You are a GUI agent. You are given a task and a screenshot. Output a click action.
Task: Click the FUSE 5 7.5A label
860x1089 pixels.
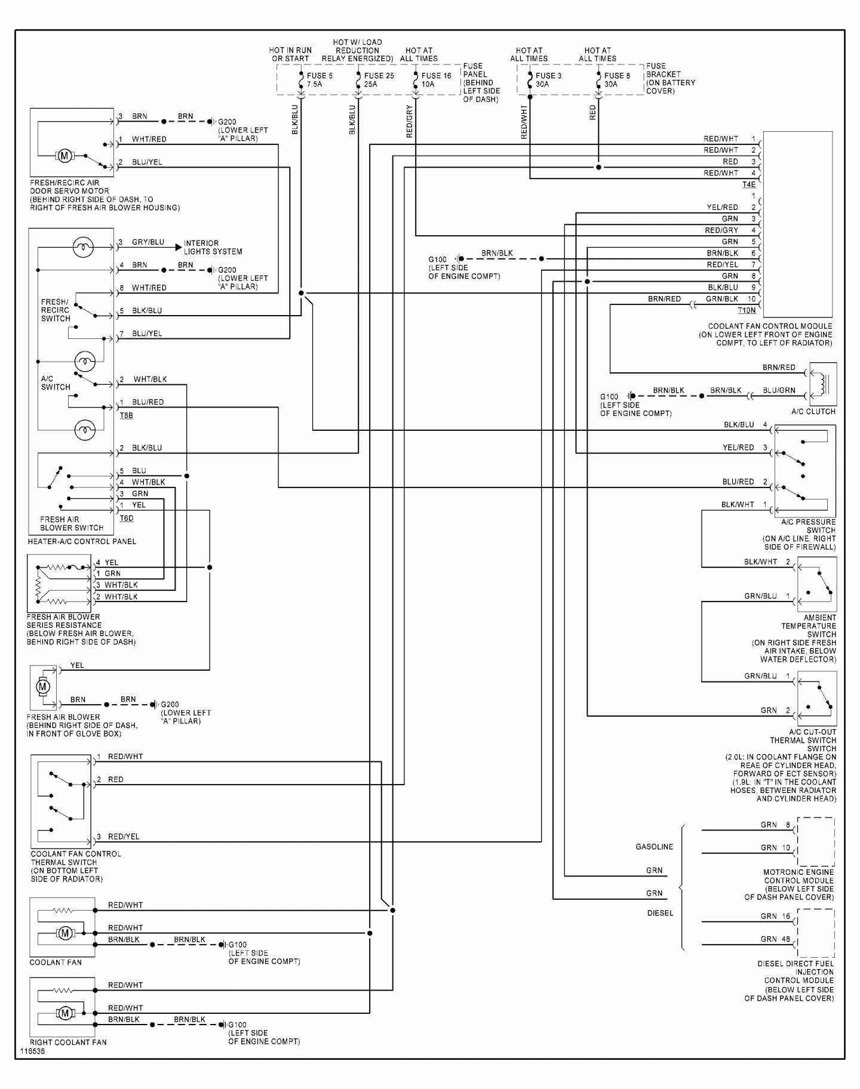(320, 80)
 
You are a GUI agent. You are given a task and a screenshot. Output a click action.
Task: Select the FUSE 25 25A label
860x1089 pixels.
(379, 80)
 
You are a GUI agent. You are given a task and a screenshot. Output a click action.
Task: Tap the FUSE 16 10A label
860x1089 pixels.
(436, 80)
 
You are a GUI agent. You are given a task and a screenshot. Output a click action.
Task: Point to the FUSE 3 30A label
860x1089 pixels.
(548, 80)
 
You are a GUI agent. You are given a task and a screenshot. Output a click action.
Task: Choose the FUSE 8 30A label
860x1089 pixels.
(617, 80)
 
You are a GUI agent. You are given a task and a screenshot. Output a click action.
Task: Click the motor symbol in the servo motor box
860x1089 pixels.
(64, 156)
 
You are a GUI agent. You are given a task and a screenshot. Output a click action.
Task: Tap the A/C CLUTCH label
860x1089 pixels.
(813, 412)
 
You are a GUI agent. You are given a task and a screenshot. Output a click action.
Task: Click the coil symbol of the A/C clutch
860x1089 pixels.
(824, 384)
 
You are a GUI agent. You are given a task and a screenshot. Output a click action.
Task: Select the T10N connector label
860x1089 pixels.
(747, 310)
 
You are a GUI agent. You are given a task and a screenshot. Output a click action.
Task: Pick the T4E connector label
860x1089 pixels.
(749, 185)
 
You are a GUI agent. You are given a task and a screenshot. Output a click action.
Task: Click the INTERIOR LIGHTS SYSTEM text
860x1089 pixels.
(213, 248)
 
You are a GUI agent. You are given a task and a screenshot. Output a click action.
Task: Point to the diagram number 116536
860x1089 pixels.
(32, 1051)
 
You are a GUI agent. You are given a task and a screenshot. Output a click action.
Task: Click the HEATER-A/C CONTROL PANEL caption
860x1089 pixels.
(82, 542)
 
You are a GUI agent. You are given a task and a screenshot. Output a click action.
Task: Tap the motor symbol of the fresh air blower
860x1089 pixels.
(43, 687)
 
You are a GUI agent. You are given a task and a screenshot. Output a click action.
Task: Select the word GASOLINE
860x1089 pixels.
(654, 847)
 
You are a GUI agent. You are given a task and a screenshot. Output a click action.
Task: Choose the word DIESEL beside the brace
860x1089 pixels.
(660, 913)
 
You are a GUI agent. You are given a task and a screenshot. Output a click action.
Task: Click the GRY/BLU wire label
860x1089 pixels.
(148, 242)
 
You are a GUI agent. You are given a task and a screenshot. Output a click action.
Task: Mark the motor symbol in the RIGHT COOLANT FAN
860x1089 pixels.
(64, 1013)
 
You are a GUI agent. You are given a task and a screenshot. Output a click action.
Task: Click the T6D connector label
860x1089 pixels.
(127, 518)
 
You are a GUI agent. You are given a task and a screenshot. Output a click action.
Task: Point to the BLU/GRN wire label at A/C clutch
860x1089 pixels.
(779, 390)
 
